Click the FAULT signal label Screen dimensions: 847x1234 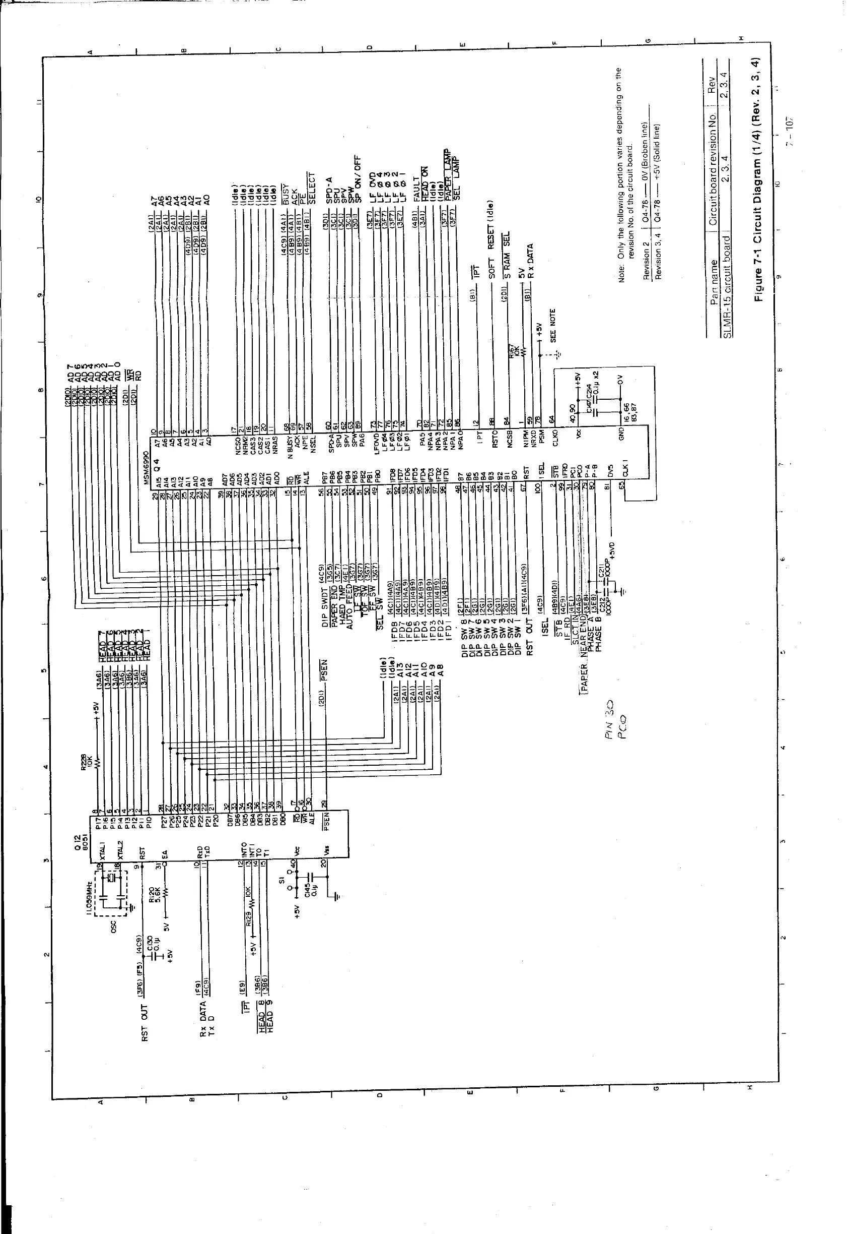point(416,189)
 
